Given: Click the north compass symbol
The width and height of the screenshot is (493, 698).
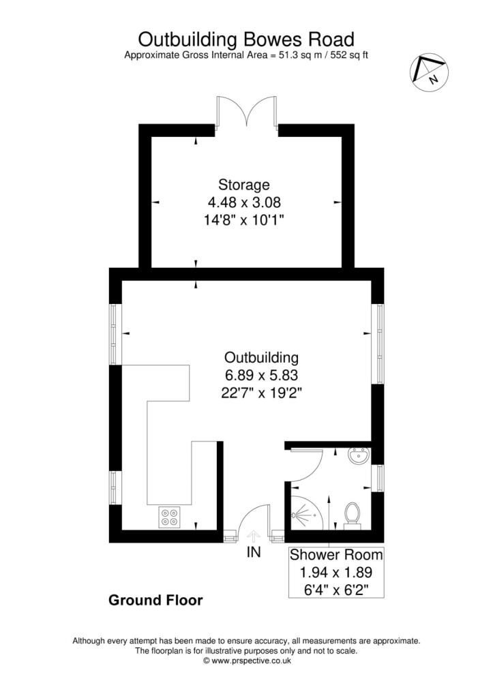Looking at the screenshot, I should (428, 71).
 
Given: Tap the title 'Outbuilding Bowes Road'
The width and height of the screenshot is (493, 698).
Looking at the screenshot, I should (246, 37).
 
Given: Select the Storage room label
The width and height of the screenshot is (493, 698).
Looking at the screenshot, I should (244, 184).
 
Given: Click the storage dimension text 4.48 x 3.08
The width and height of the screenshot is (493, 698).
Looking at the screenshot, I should (244, 202).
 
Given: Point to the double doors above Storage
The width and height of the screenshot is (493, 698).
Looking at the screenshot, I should (246, 112).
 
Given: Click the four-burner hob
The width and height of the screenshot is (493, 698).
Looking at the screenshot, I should (170, 517).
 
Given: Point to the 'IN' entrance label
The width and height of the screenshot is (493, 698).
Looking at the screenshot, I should (254, 553).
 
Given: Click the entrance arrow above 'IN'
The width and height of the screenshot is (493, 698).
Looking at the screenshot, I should (253, 536).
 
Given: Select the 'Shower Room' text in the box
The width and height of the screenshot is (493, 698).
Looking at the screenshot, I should (336, 554).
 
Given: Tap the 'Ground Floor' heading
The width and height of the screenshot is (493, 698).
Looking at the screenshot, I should (155, 601).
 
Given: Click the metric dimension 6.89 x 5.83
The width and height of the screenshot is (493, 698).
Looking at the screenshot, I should (262, 374).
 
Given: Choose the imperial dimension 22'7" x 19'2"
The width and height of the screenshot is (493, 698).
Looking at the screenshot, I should (262, 392).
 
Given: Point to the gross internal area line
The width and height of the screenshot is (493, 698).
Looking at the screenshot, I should (246, 55).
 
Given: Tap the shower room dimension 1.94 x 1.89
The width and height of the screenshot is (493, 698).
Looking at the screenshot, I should (336, 571).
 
